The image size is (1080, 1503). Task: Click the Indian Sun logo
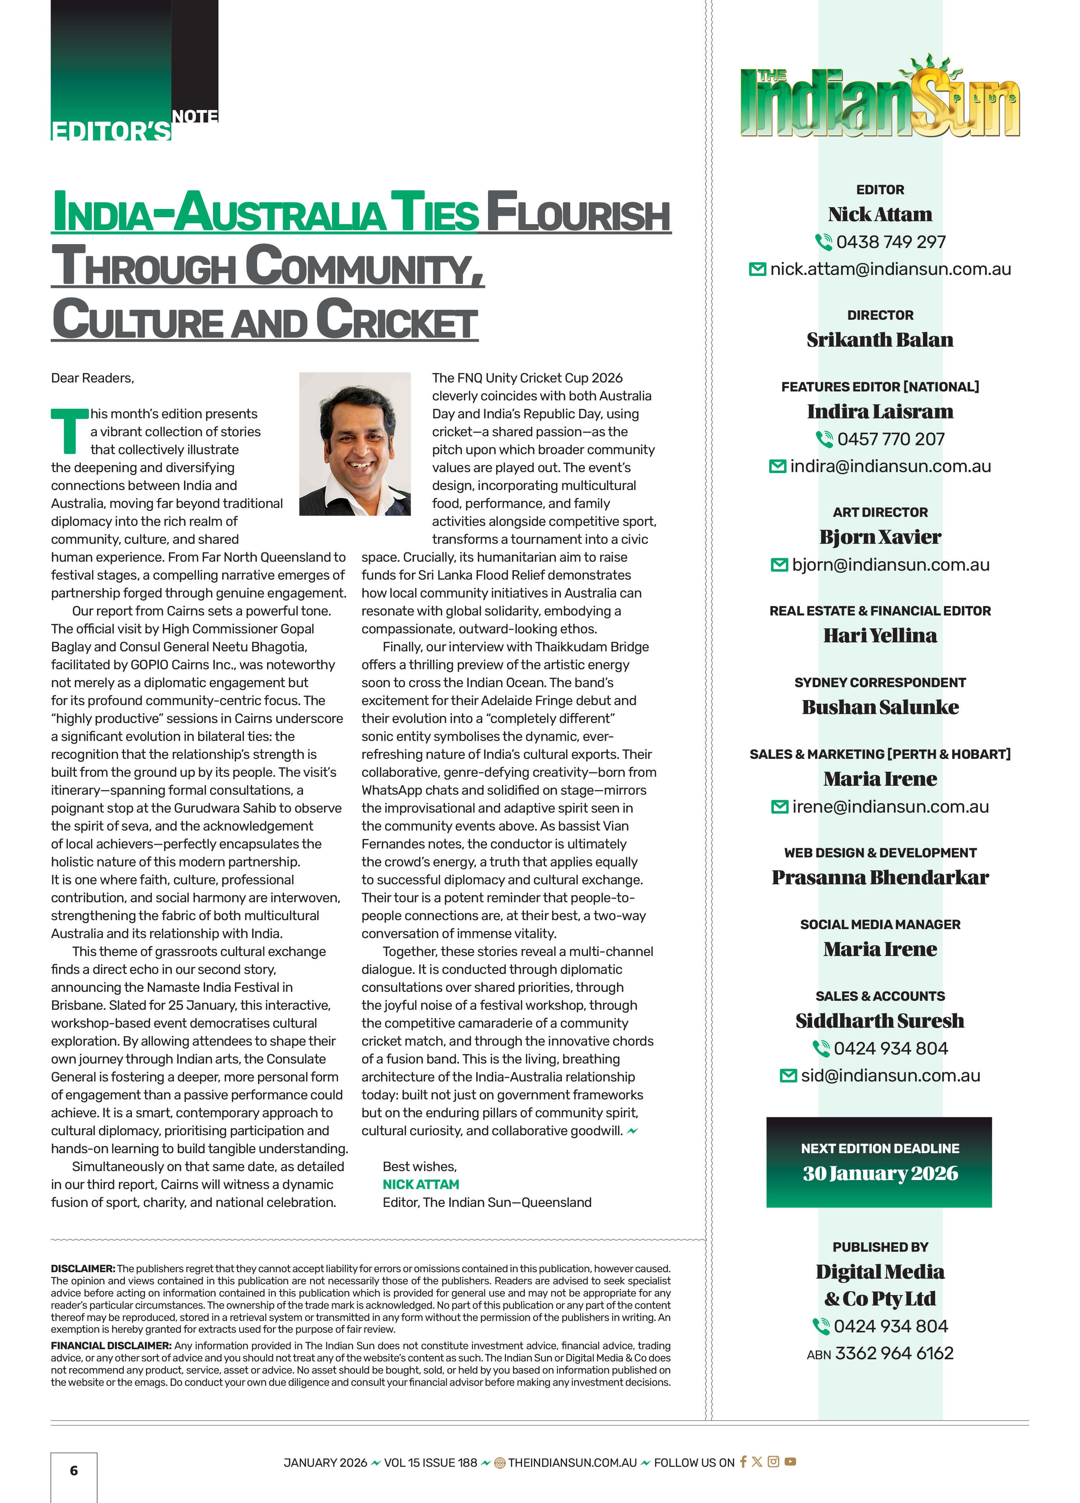point(880,99)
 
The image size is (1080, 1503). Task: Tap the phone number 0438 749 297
point(890,242)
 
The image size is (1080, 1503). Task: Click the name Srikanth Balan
point(880,339)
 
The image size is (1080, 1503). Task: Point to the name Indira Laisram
point(880,412)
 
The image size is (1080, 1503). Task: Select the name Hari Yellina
point(880,636)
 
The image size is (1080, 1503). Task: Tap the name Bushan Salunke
point(880,707)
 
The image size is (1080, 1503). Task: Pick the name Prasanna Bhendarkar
point(880,877)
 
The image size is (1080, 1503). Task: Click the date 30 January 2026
point(880,1173)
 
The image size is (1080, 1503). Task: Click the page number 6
point(74,1470)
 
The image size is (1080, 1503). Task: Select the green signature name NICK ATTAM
point(420,1184)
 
